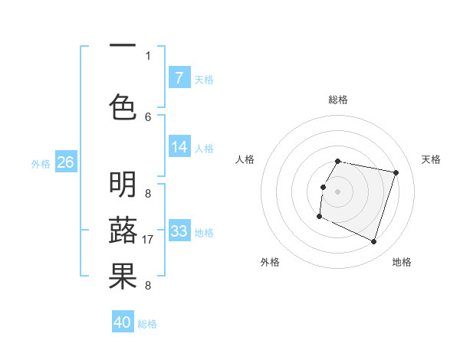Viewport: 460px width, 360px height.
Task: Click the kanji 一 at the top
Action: tap(123, 47)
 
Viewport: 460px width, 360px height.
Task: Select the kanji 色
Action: tap(123, 106)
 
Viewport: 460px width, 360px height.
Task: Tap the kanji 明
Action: tap(123, 185)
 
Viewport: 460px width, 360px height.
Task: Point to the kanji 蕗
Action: tap(123, 231)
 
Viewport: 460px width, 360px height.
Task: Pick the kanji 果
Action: tap(123, 277)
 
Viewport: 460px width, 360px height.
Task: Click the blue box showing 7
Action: tap(179, 78)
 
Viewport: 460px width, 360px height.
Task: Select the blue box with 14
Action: tap(179, 147)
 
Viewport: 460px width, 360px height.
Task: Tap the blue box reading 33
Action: tap(179, 231)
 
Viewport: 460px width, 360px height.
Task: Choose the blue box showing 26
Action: tap(65, 162)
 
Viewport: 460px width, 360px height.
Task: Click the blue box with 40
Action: tap(123, 322)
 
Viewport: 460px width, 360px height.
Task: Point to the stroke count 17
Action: tap(149, 240)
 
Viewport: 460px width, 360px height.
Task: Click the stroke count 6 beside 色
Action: tap(148, 116)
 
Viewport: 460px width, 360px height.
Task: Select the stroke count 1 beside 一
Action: tap(148, 55)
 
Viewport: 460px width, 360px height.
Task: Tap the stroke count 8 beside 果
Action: tap(148, 286)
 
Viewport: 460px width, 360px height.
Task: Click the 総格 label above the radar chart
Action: tap(337, 100)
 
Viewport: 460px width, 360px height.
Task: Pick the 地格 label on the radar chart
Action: tap(402, 262)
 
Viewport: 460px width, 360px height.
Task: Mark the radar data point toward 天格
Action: tap(396, 173)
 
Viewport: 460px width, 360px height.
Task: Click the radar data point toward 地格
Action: tap(373, 242)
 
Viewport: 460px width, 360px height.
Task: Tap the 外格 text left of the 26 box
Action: tap(41, 163)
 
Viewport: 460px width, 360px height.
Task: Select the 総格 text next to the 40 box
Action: tap(147, 323)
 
